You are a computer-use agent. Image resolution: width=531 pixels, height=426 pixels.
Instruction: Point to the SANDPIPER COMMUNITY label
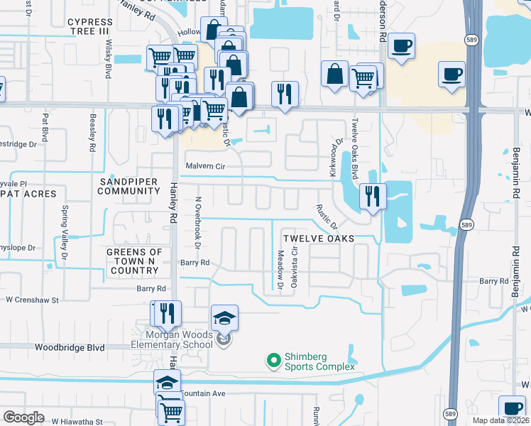click(128, 186)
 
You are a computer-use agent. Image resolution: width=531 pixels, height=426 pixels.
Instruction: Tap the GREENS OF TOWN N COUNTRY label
click(134, 261)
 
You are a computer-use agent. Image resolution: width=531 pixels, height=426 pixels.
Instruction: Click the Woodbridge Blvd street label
click(70, 348)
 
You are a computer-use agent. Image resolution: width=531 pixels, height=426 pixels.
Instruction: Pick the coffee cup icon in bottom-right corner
click(512, 408)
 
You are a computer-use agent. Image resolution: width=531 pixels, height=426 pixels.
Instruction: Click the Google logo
click(23, 417)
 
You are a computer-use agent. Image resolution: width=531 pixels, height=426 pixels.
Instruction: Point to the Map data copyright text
click(499, 420)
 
